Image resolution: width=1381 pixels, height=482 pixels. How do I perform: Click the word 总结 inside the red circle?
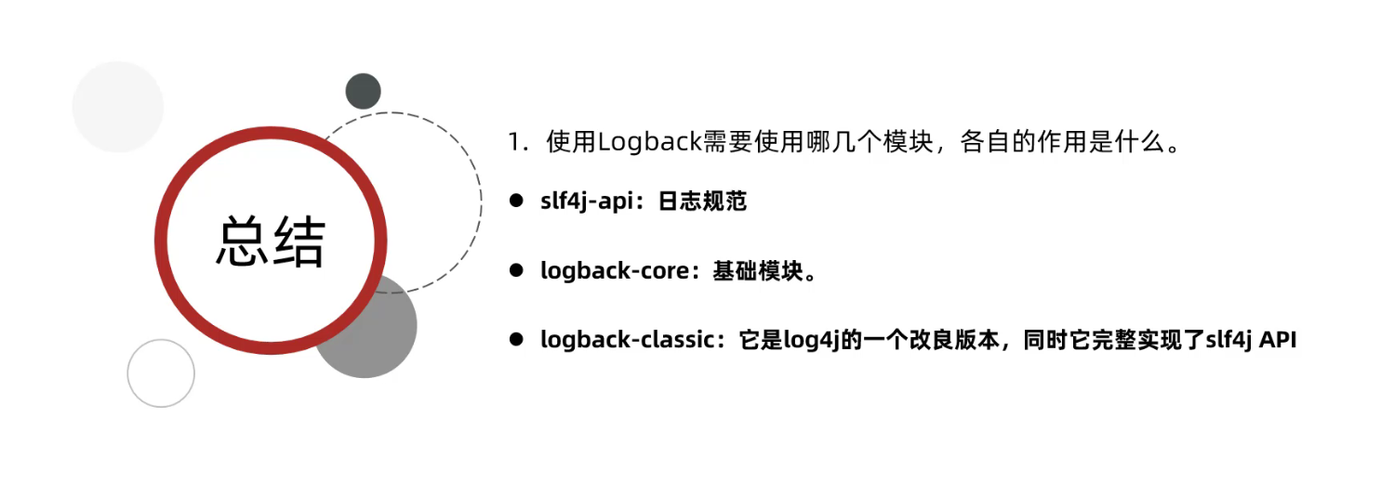click(x=271, y=243)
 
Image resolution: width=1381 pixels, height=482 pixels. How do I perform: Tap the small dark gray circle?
click(x=363, y=91)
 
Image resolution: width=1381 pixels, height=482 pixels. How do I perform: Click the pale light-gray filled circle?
click(x=118, y=107)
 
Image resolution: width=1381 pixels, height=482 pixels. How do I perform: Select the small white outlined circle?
click(x=161, y=372)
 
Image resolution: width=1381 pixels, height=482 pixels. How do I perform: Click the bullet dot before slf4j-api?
click(x=514, y=201)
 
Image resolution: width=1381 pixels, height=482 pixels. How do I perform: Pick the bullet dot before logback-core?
click(x=514, y=270)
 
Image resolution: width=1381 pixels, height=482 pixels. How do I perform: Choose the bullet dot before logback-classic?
click(x=514, y=340)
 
